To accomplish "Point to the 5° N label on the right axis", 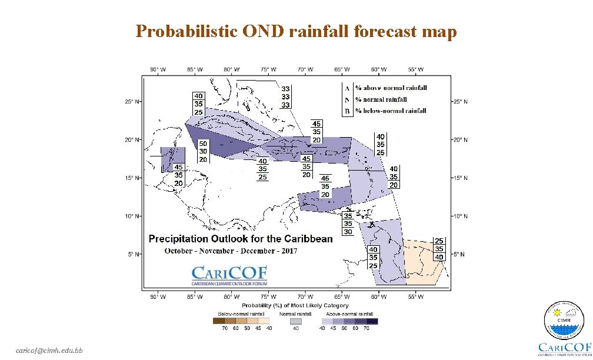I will [459, 255].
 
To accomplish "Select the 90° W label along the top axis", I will [158, 69].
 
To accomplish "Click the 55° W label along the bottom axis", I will [415, 297].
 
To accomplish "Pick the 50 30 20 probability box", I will [203, 151].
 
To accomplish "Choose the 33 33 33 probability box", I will [285, 97].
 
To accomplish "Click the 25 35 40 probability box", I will [439, 249].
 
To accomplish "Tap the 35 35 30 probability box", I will [348, 224].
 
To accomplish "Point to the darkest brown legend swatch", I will [218, 321].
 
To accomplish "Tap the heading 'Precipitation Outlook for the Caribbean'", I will [241, 239].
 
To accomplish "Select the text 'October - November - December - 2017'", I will [231, 251].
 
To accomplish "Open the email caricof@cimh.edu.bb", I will [50, 351].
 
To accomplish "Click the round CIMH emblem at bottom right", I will [563, 322].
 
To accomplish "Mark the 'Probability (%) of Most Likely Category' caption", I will [295, 305].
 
